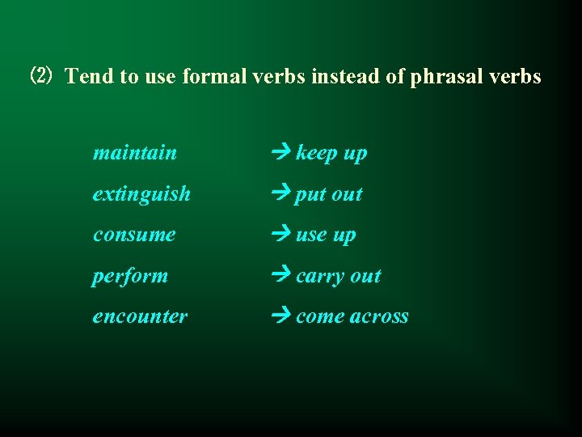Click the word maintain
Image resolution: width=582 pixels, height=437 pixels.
pyautogui.click(x=135, y=153)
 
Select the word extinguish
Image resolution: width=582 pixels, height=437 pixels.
pyautogui.click(x=141, y=194)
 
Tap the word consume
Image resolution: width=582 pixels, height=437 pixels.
pyautogui.click(x=134, y=235)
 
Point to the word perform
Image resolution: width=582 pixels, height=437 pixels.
pyautogui.click(x=130, y=276)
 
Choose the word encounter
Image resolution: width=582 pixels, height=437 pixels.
pyautogui.click(x=140, y=316)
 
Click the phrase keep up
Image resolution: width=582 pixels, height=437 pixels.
pyautogui.click(x=331, y=154)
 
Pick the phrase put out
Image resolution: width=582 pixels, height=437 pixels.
pyautogui.click(x=329, y=195)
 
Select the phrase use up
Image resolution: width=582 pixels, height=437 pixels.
pyautogui.click(x=326, y=235)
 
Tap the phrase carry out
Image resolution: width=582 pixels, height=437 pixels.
pyautogui.click(x=339, y=276)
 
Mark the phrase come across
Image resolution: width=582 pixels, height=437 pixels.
pyautogui.click(x=352, y=316)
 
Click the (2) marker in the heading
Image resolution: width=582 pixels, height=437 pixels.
pyautogui.click(x=40, y=77)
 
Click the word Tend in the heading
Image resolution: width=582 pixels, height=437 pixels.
pyautogui.click(x=86, y=77)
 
